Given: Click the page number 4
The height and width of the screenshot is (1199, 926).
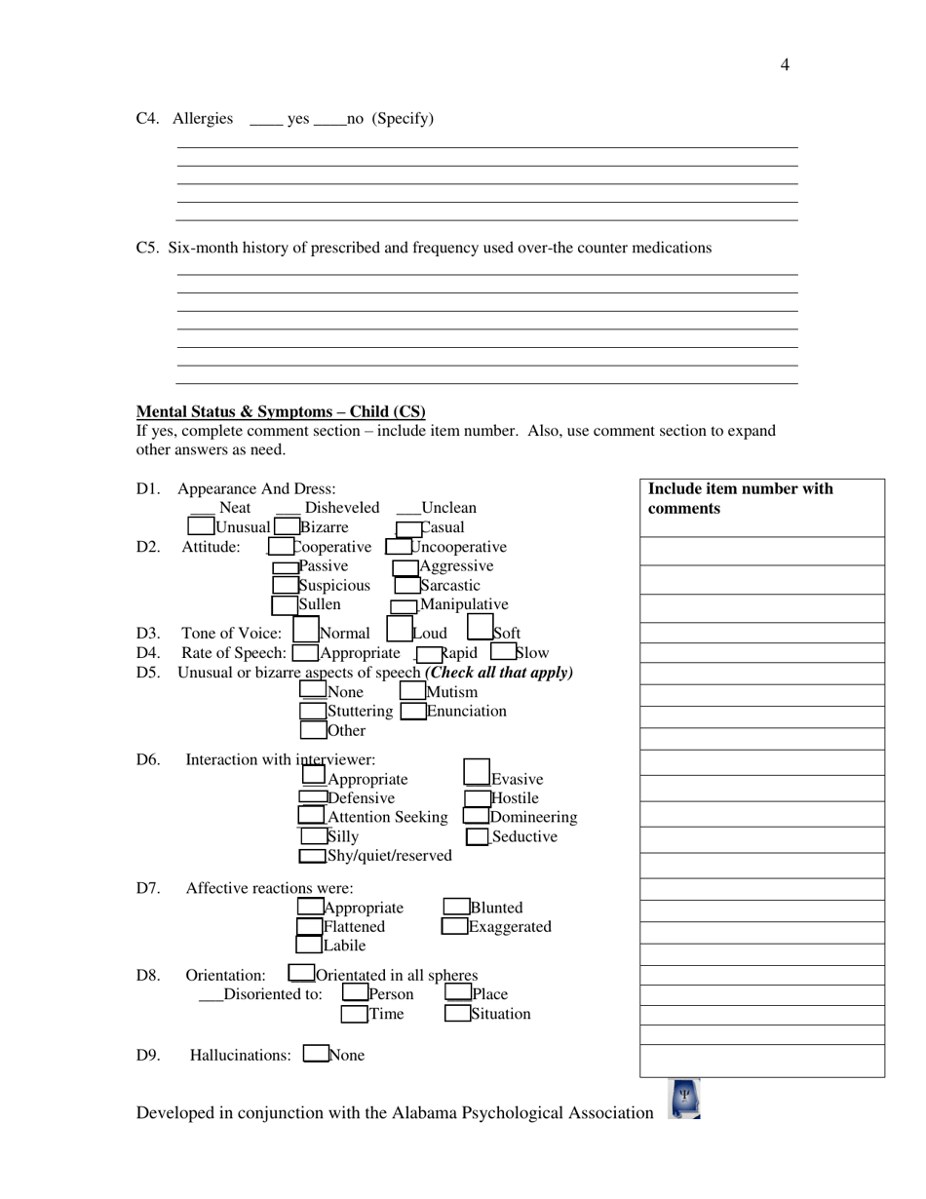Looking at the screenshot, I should (785, 65).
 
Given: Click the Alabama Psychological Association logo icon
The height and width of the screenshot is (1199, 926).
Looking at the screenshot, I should (684, 1099).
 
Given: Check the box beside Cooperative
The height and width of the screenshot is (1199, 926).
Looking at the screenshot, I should (281, 547).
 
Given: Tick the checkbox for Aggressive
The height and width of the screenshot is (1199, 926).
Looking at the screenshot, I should (405, 567).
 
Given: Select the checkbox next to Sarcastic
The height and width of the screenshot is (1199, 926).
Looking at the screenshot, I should (407, 586).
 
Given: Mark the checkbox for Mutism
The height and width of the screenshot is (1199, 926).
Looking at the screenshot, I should (412, 691).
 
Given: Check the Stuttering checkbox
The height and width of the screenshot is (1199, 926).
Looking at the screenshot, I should (313, 711).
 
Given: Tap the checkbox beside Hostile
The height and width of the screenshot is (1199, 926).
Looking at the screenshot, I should (477, 798).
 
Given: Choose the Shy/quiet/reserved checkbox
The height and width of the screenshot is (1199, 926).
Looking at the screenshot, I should (312, 856).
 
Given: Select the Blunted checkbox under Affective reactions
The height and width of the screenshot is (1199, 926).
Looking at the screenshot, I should (456, 908).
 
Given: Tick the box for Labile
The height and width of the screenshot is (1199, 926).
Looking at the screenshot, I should (309, 945).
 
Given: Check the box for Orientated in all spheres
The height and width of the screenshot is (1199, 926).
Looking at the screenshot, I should (301, 974).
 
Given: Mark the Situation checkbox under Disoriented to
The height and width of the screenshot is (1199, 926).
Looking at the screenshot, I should (457, 1014).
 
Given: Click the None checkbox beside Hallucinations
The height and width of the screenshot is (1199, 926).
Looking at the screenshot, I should (315, 1054).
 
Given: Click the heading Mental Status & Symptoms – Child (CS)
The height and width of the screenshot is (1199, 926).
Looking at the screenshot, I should (281, 411).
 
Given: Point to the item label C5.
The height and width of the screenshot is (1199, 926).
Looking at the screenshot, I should (147, 248).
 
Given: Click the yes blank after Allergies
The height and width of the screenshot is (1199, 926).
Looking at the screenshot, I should (266, 120).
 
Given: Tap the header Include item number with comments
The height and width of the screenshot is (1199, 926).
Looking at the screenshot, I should (741, 498).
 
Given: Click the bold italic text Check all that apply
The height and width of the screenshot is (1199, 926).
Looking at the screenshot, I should (500, 673).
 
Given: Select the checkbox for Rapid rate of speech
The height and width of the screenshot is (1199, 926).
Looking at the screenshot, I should (429, 654).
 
